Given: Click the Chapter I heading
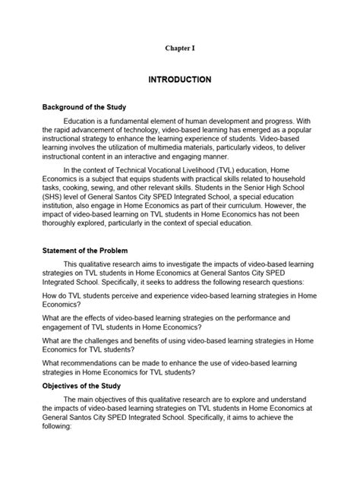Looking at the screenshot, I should tap(179, 48).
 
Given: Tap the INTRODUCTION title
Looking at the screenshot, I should tap(179, 79).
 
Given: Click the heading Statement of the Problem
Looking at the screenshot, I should tap(85, 250).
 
